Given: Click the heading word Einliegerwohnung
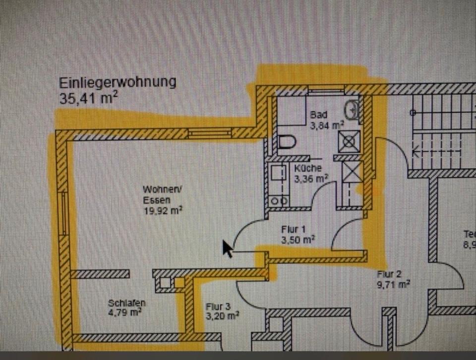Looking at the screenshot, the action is pos(118,82).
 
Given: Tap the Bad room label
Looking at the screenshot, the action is pos(319,115).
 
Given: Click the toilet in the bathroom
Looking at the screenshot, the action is pos(287,142).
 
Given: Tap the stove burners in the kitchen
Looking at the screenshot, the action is pos(278,201).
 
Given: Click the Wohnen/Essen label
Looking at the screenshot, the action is pos(157,195).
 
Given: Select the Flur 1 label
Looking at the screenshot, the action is pos(294,230).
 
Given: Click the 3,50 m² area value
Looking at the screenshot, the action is pos(298,240).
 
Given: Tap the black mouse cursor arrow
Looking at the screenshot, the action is pos(227,248).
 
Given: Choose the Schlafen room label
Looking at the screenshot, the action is pos(127,302).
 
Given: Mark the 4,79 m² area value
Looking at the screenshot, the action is pos(126,312).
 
